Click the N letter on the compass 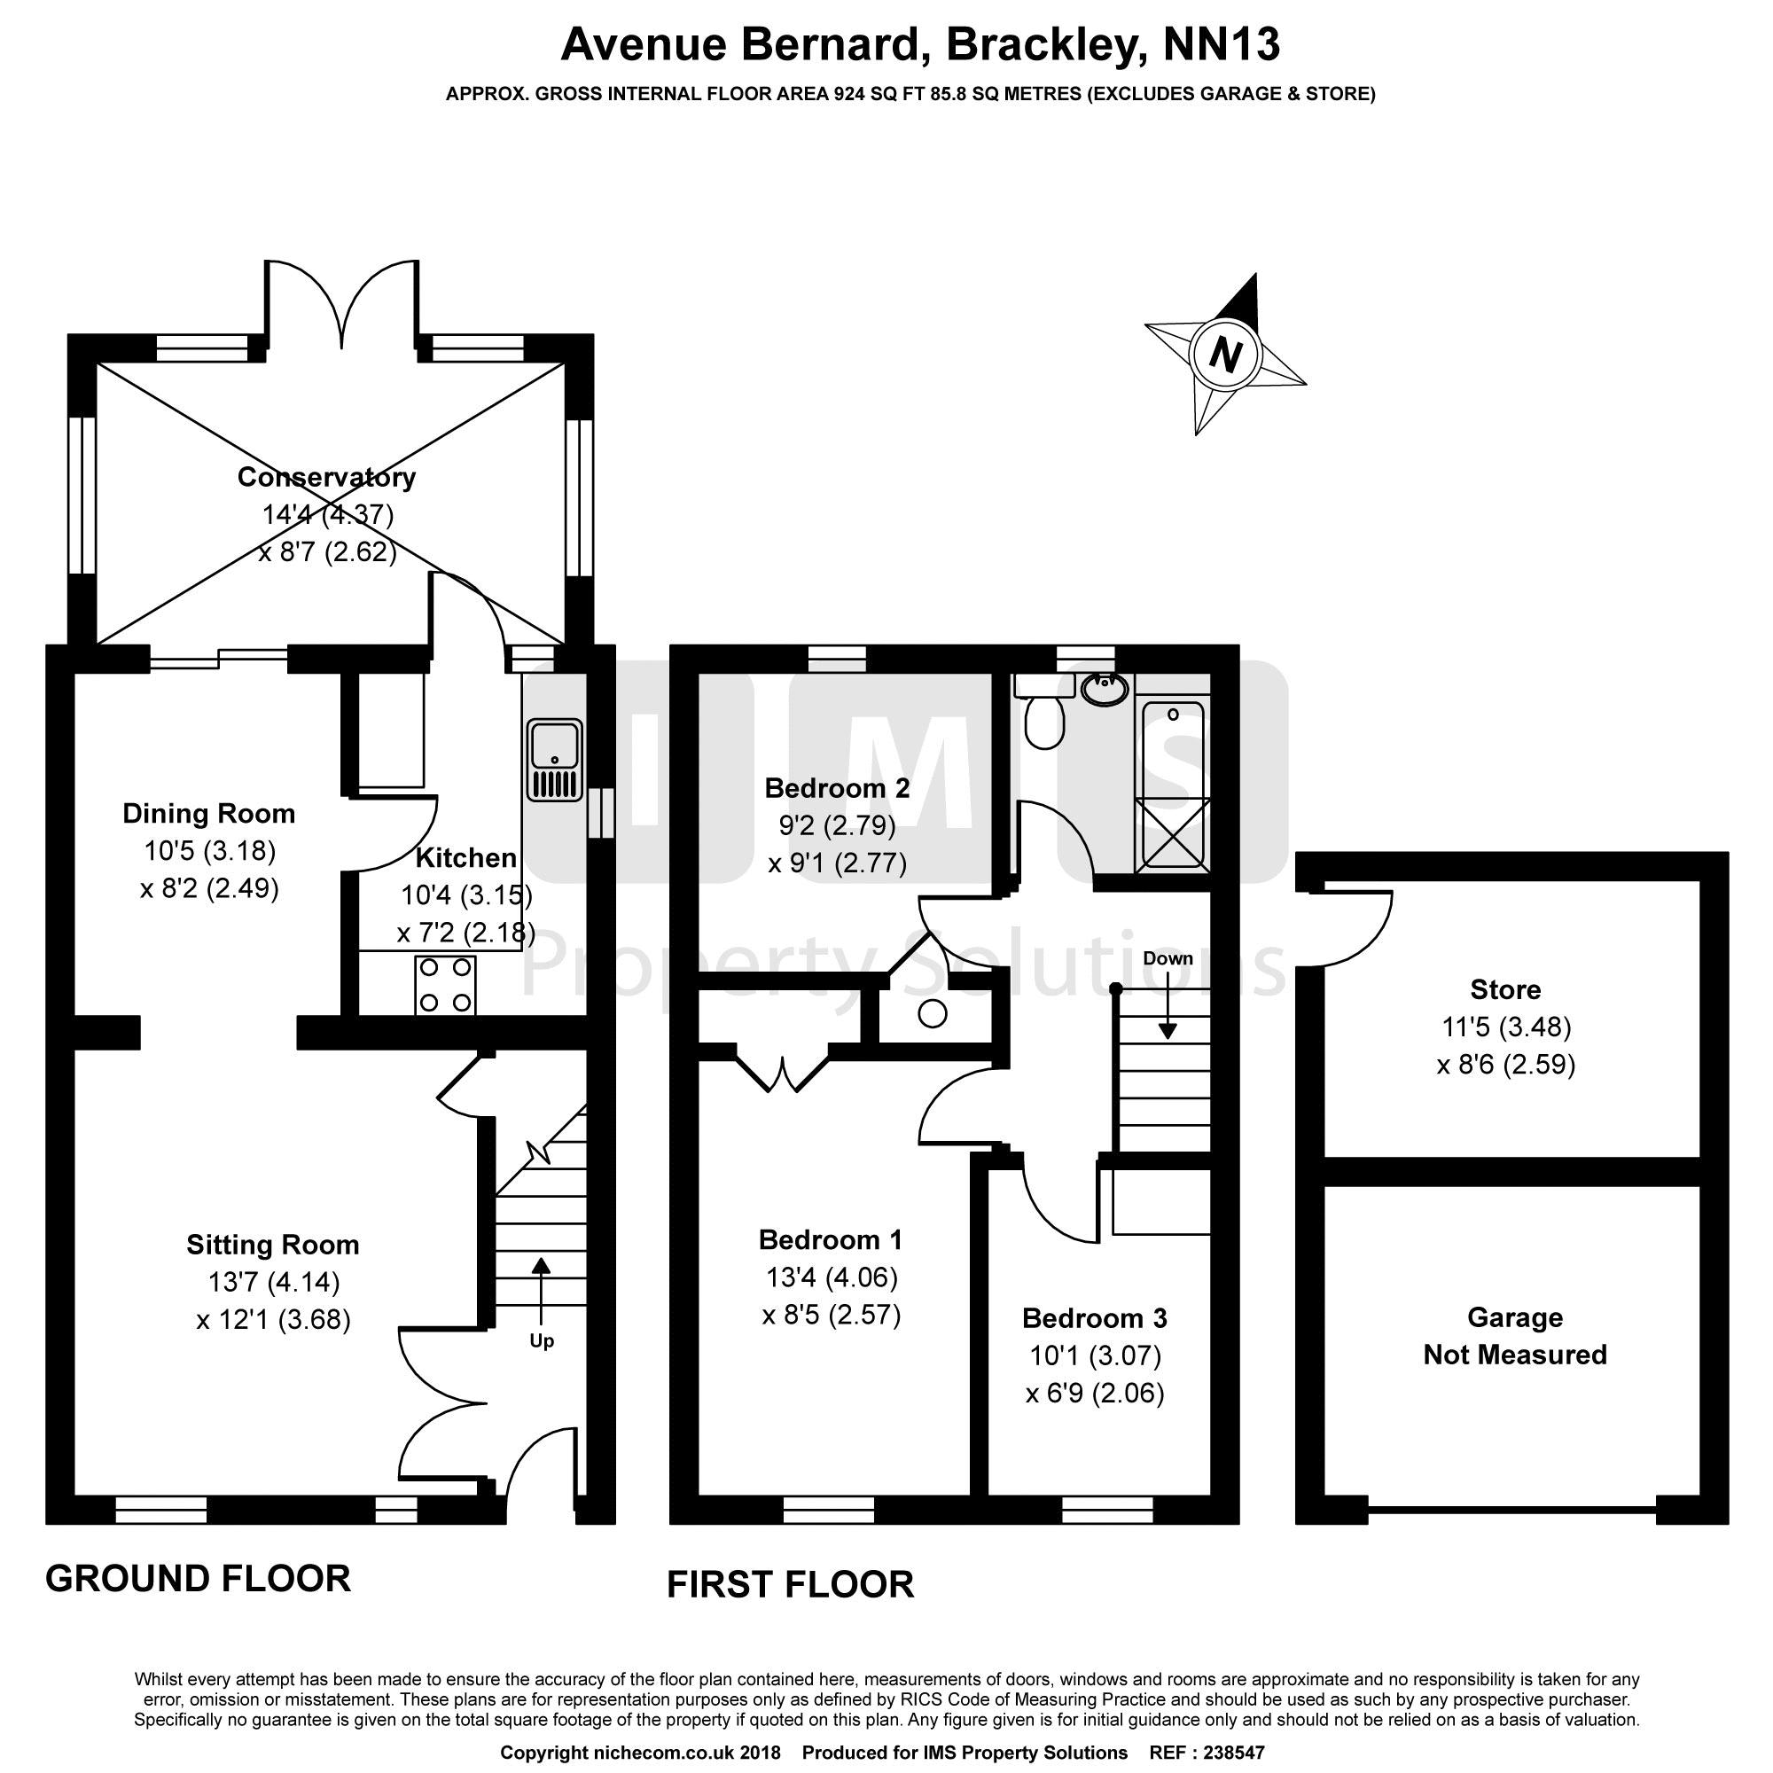coord(1226,355)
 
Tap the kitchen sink coord(554,759)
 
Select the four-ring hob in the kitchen coord(446,985)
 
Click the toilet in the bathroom coord(1043,719)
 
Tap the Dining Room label coord(209,813)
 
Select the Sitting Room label coord(272,1245)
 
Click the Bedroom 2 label coord(837,787)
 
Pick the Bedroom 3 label coord(1095,1318)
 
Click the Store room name coord(1505,989)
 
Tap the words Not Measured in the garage coord(1515,1355)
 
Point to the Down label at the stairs coord(1168,958)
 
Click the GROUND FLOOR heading coord(199,1579)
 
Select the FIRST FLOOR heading coord(790,1585)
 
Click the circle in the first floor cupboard coord(933,1014)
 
